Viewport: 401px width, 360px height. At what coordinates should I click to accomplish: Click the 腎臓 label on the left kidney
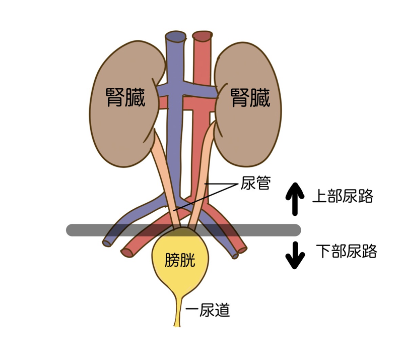[125, 97]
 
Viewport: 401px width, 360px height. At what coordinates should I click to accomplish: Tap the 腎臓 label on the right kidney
[250, 97]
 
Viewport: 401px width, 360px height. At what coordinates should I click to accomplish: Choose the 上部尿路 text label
[343, 196]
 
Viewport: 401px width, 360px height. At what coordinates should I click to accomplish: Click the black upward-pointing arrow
[295, 197]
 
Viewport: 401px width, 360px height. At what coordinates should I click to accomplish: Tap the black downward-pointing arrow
[295, 255]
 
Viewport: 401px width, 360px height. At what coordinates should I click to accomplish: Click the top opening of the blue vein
[176, 36]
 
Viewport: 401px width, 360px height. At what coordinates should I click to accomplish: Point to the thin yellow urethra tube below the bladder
[177, 313]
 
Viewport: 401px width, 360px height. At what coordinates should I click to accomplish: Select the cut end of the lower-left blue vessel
[107, 243]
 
